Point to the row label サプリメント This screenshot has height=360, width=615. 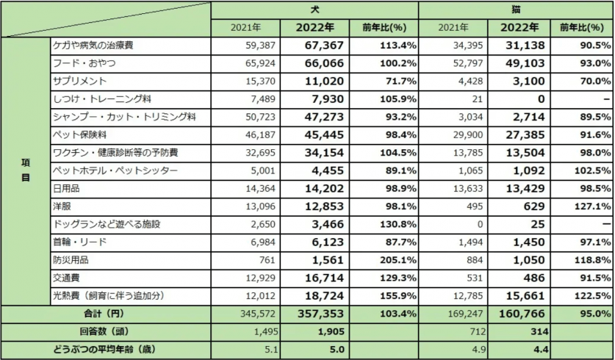point(80,81)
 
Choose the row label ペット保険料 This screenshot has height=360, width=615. point(80,134)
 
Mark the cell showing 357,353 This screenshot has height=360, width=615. point(320,313)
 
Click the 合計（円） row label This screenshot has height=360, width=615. point(106,313)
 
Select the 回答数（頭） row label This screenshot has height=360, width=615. point(106,331)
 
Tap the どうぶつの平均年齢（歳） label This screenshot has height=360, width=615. point(106,348)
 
